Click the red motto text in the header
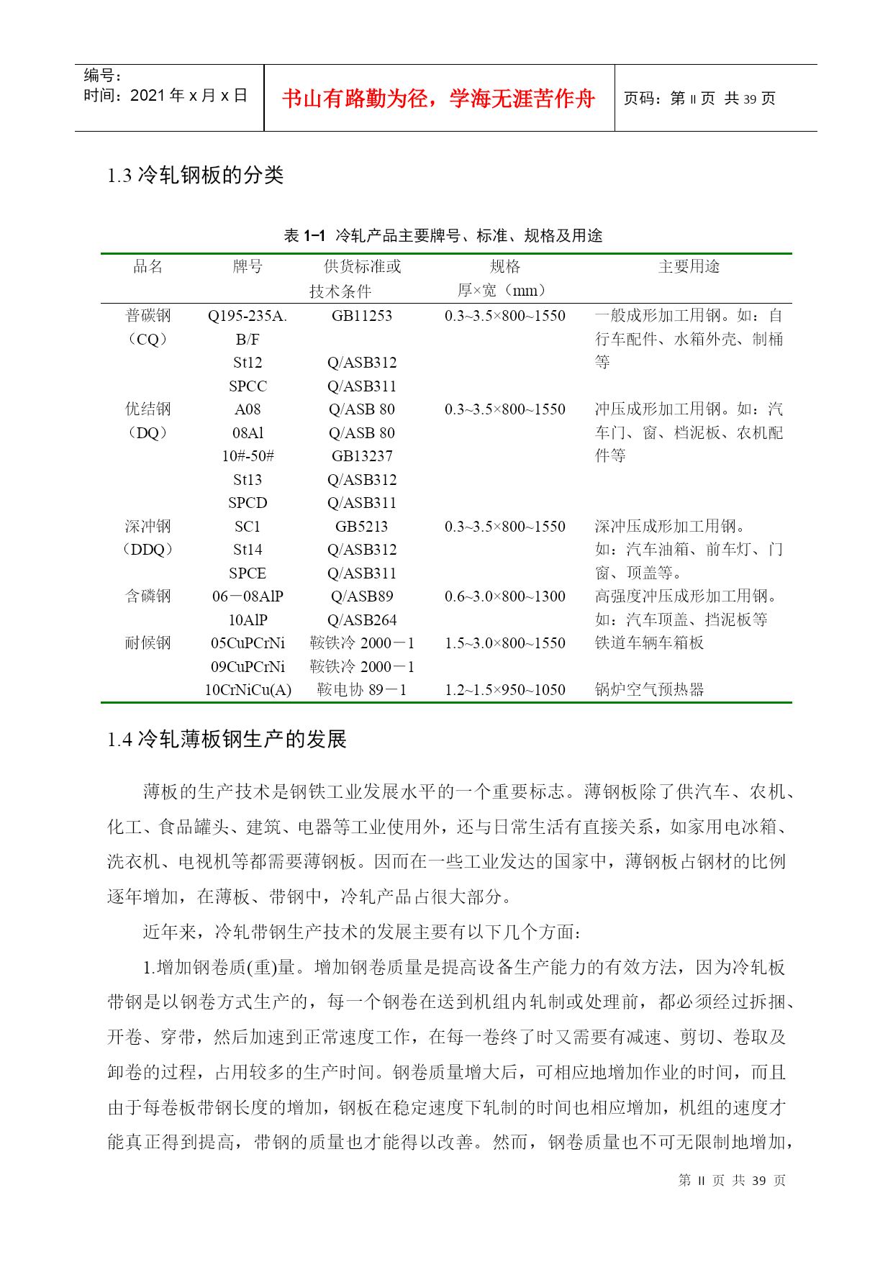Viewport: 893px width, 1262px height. (x=438, y=99)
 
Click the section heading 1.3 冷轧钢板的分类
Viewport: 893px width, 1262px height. (x=195, y=175)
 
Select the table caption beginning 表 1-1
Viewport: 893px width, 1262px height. (x=443, y=235)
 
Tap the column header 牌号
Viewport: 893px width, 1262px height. (x=248, y=267)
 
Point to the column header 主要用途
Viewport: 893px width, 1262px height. (x=689, y=267)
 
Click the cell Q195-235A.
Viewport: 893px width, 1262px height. (x=248, y=316)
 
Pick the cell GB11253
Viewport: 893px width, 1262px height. (x=362, y=316)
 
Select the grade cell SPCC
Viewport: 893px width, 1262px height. (x=248, y=386)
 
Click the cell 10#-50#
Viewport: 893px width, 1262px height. (x=248, y=456)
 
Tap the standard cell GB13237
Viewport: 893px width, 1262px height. (x=362, y=456)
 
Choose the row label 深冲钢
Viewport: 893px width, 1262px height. (x=148, y=527)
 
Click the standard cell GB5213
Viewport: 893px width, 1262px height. (x=362, y=527)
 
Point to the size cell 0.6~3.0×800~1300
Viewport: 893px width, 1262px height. (x=504, y=596)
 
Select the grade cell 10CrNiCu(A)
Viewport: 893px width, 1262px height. (x=248, y=690)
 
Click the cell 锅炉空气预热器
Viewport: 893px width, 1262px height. (x=649, y=690)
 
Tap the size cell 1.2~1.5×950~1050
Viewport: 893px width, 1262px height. (x=504, y=690)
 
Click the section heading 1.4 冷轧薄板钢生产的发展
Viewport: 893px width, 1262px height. (x=227, y=739)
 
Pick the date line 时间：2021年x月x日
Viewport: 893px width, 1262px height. (x=166, y=96)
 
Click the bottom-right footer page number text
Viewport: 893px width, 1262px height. (x=732, y=1181)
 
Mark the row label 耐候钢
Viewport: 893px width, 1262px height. (x=148, y=643)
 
